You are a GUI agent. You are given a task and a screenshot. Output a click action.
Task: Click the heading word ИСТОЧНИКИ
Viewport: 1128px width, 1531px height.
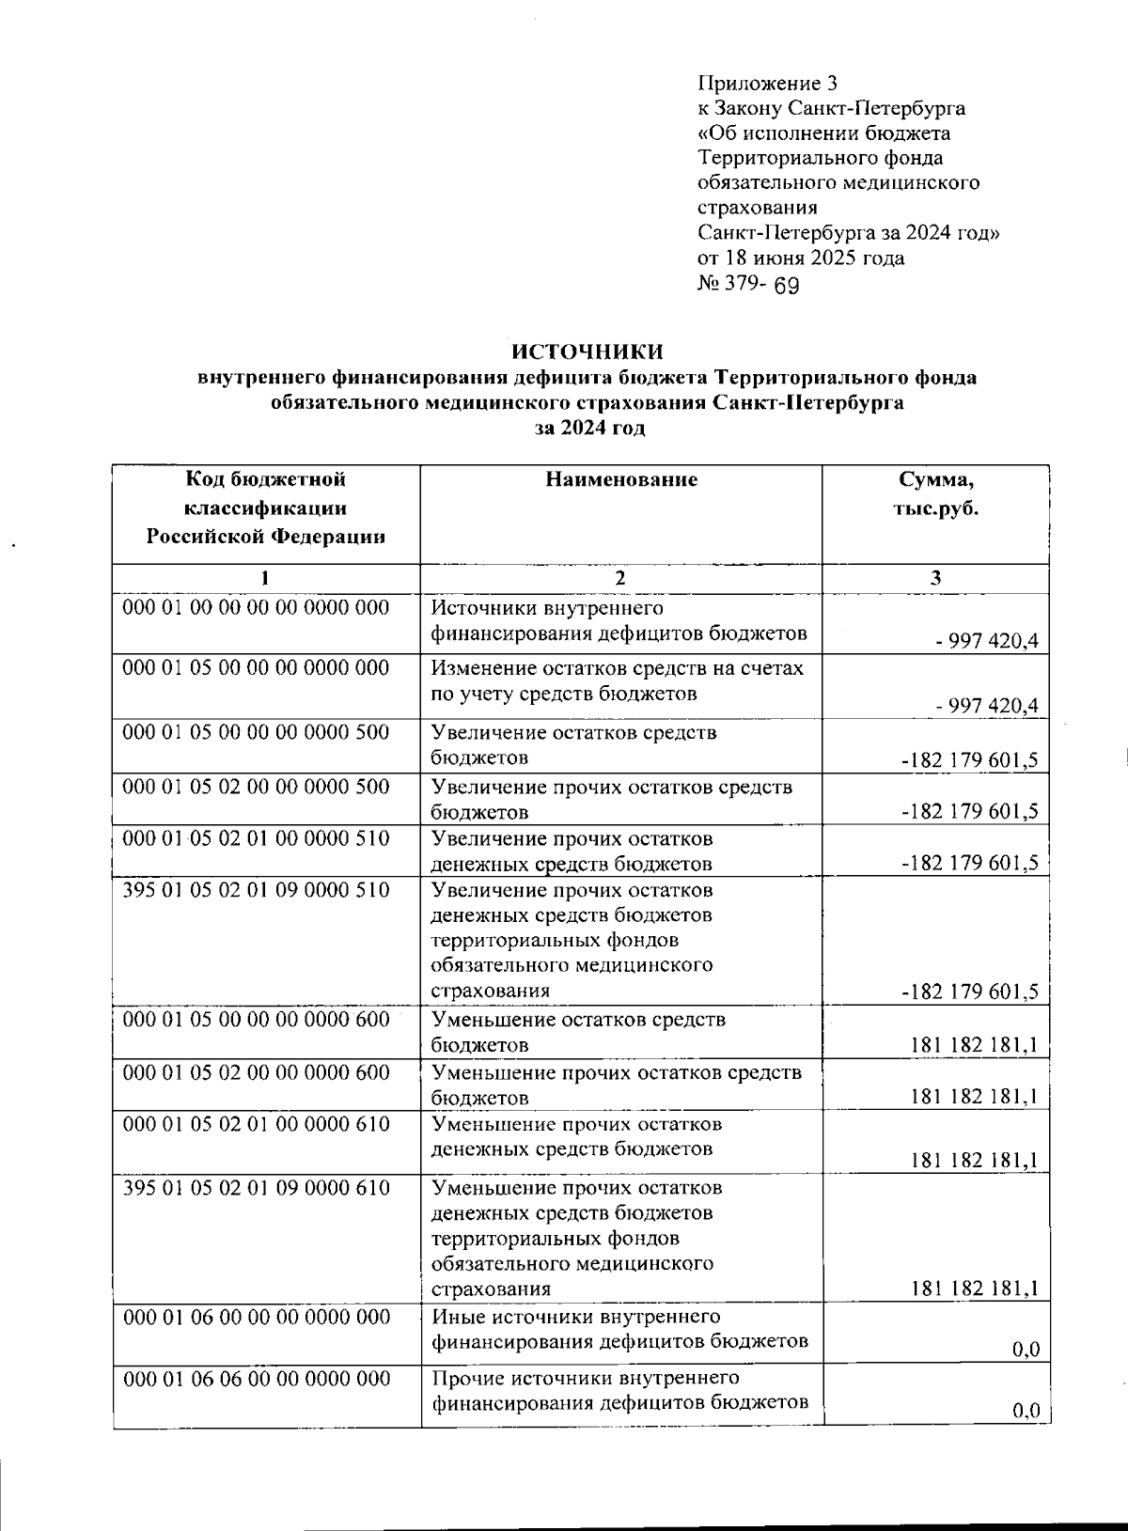587,352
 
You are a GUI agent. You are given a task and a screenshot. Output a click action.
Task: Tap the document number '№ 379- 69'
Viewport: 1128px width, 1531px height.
748,284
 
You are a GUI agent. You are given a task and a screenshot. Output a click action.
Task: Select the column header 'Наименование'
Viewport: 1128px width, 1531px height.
621,480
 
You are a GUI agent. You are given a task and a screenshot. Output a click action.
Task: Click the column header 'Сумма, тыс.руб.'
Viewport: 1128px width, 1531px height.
935,494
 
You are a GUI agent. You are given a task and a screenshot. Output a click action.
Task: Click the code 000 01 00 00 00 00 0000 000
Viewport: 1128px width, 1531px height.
257,608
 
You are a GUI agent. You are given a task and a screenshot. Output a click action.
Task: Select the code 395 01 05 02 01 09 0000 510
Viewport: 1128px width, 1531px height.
257,889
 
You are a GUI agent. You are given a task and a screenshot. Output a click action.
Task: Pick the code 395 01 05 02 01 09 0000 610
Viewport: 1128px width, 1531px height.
257,1188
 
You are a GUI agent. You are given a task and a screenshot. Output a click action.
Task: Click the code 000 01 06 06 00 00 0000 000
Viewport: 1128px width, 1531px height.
257,1379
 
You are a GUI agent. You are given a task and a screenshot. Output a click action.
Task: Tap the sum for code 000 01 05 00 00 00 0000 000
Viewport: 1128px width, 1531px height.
987,706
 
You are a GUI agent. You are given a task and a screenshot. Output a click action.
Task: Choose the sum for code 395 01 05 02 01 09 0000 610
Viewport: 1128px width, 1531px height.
975,1290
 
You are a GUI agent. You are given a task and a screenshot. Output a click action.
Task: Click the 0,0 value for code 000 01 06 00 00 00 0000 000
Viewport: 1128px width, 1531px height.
1026,1351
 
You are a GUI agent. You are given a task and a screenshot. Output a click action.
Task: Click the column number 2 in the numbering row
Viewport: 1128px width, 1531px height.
619,579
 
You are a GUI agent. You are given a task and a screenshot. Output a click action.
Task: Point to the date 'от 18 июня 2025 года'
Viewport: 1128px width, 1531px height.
801,258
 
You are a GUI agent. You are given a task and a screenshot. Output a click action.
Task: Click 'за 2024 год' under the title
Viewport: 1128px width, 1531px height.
589,428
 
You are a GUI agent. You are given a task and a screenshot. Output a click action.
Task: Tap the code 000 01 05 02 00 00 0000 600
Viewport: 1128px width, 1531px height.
257,1072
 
